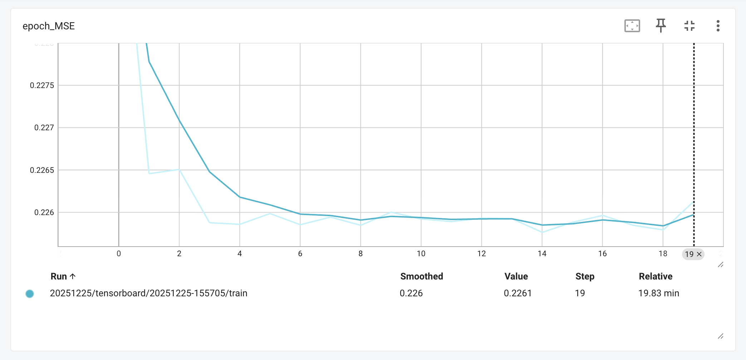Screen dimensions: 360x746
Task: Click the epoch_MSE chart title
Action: tap(49, 26)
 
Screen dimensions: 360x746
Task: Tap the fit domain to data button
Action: tap(632, 26)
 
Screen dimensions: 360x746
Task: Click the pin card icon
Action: tap(661, 26)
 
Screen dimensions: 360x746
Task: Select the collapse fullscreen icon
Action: tap(689, 26)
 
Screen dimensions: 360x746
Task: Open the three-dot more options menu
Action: tap(718, 26)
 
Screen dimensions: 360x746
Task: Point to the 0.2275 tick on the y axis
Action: tap(42, 86)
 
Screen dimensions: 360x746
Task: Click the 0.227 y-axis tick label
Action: tap(44, 128)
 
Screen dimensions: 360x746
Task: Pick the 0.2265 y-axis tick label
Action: tap(42, 170)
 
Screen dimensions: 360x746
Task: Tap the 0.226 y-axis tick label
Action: tap(44, 213)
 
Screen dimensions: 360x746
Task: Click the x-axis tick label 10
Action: tap(421, 254)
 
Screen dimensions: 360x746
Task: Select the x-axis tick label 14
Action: tap(542, 254)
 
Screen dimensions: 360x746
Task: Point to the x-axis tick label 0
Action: tap(119, 254)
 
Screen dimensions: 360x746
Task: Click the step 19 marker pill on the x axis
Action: tap(693, 254)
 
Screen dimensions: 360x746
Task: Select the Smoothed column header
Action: tap(421, 276)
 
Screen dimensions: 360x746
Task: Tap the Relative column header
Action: tap(656, 276)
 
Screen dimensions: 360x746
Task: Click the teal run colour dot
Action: tap(30, 294)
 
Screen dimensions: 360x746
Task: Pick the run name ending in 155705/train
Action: tap(148, 293)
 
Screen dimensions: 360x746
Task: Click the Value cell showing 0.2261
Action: tap(517, 293)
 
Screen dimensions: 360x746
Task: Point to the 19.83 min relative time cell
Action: tap(658, 293)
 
